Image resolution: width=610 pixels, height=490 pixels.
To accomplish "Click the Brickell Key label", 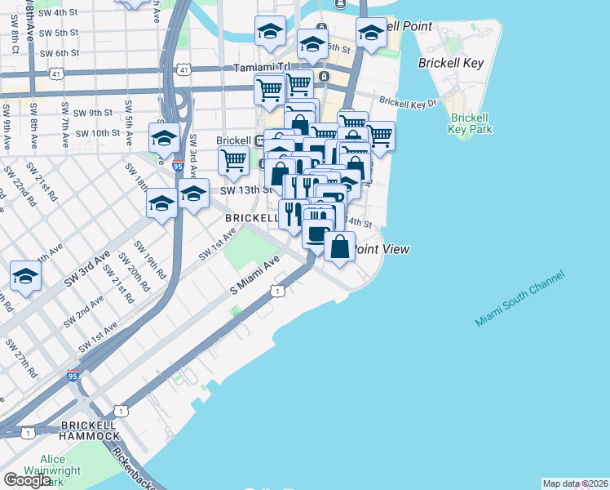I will point(451,63).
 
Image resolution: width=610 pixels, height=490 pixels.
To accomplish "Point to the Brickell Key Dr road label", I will point(408,103).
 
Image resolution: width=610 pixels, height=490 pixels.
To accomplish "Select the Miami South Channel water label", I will point(519,301).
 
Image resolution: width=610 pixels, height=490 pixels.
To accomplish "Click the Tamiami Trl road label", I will point(259,68).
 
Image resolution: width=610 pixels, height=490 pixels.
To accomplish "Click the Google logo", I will point(27,480).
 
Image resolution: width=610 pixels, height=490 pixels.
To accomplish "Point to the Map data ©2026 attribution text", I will point(574,483).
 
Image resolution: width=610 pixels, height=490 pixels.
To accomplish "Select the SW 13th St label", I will point(245,190).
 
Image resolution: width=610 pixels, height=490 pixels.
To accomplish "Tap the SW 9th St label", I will point(91,113).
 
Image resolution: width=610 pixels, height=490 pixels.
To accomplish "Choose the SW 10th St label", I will point(97,133).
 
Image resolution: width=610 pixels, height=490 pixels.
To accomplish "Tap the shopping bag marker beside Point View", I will point(339,246).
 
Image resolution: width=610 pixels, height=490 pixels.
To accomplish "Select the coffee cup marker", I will point(317,234).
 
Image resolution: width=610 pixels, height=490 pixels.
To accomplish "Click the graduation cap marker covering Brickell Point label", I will point(371,33).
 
